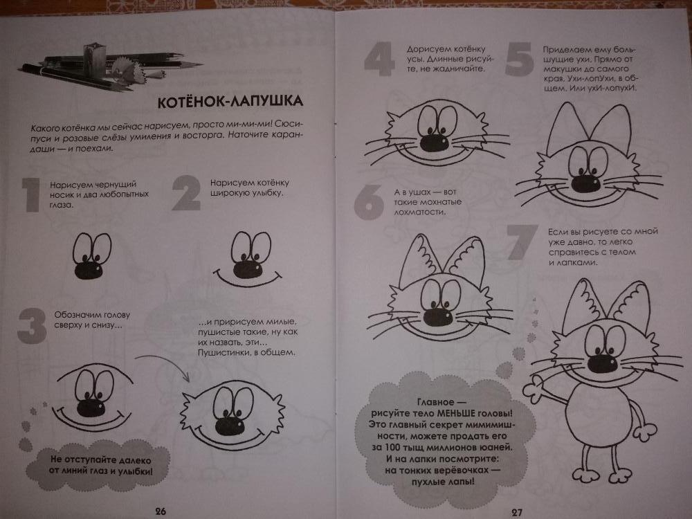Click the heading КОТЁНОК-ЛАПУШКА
(230, 102)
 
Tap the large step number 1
(31, 194)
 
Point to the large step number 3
(32, 326)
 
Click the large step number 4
(379, 59)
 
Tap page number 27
(517, 512)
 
